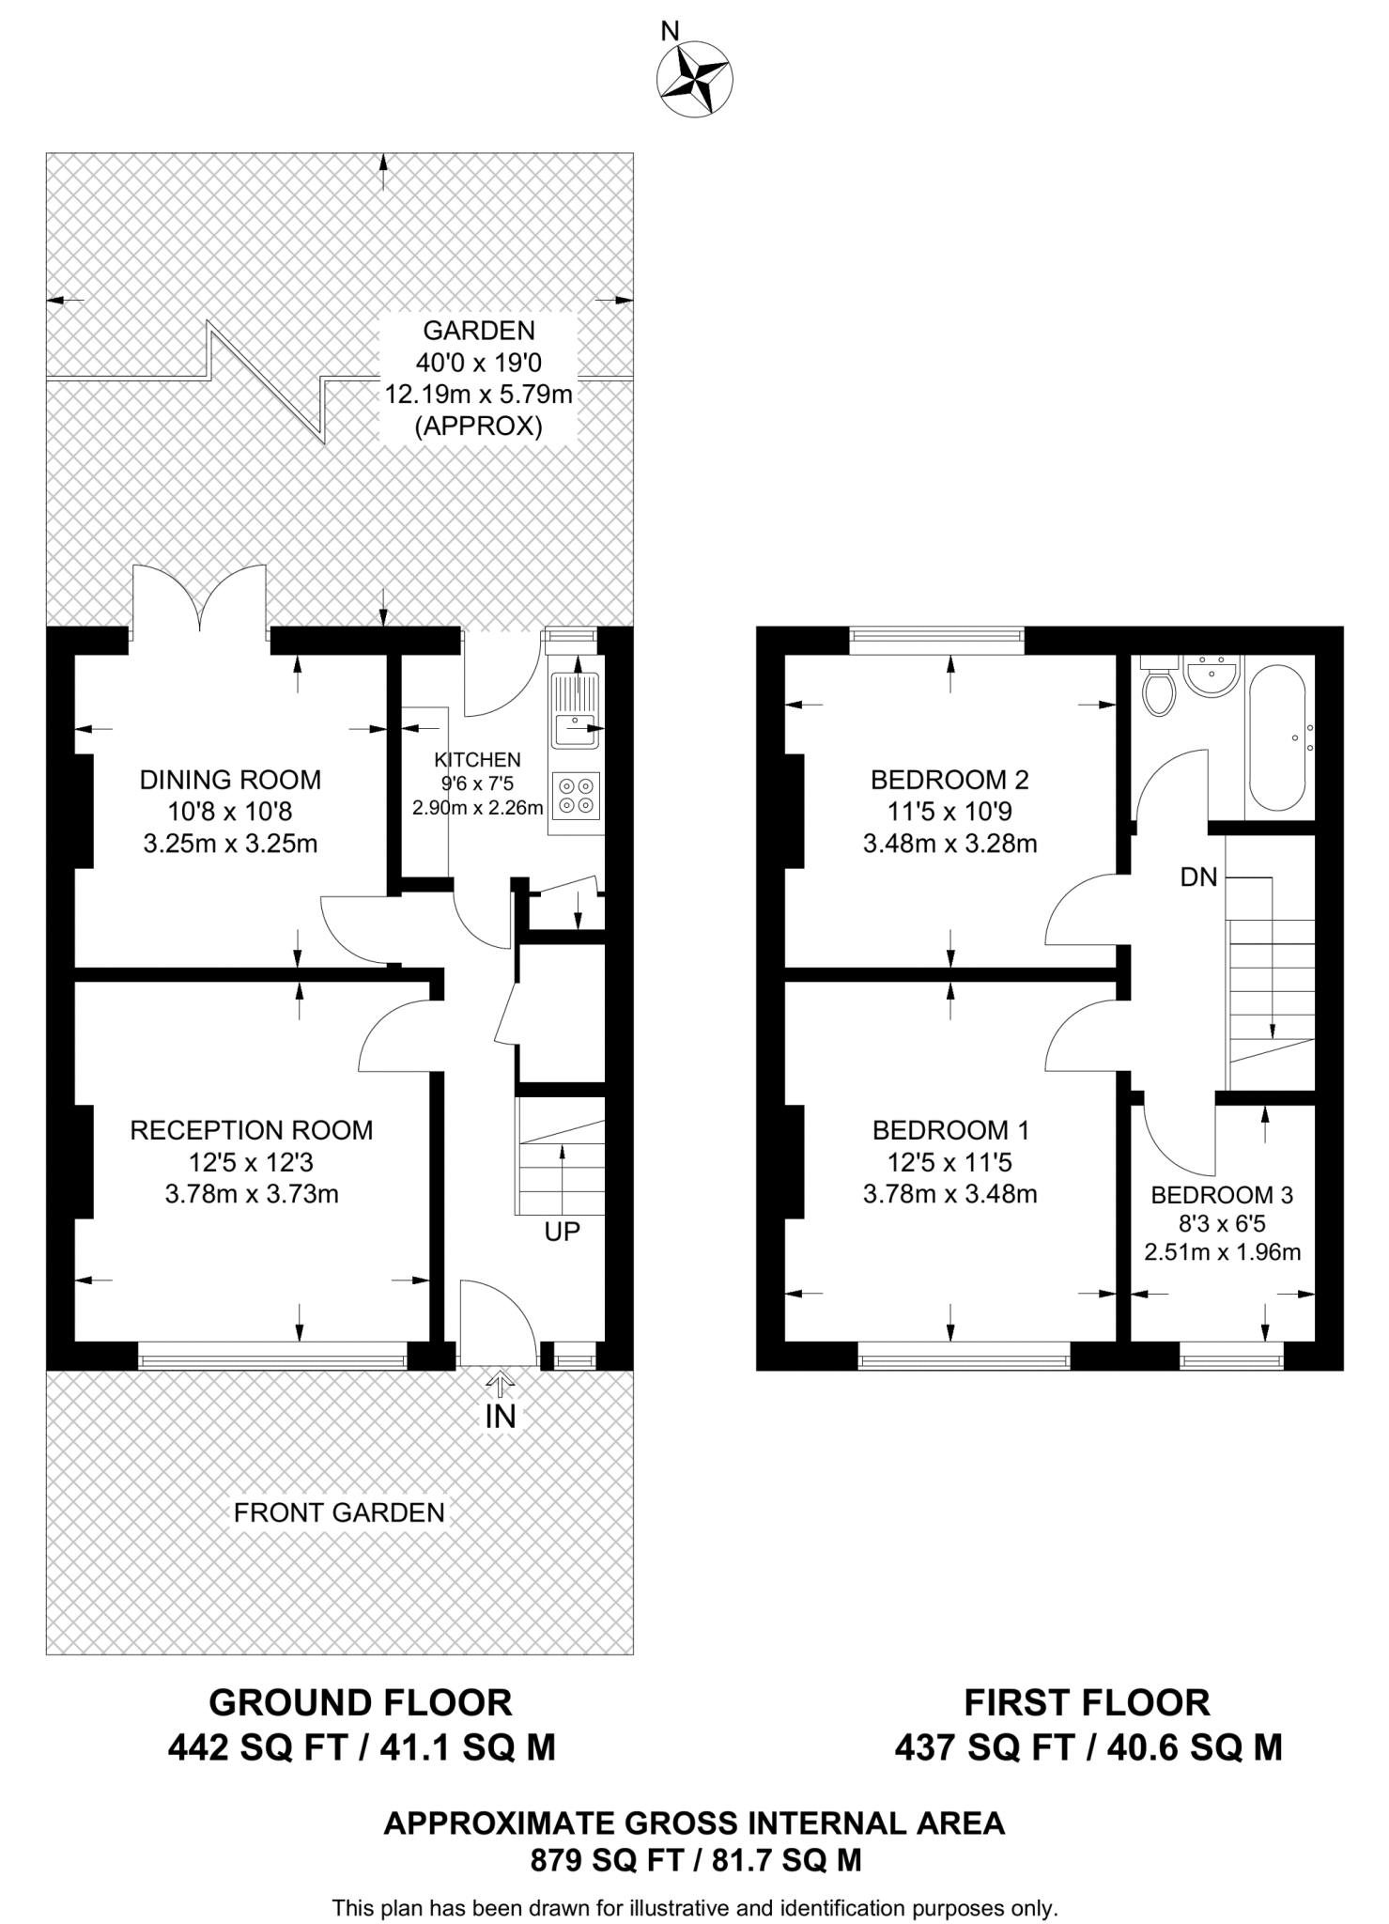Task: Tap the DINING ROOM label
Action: [x=230, y=780]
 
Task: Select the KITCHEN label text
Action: [x=477, y=760]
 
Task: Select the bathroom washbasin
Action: [x=1212, y=676]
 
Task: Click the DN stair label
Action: [x=1198, y=877]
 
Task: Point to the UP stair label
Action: [x=563, y=1231]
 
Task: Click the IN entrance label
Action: [x=501, y=1416]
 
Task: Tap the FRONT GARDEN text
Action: [x=339, y=1513]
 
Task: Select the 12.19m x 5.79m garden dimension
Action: [x=479, y=395]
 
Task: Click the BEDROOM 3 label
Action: [x=1222, y=1195]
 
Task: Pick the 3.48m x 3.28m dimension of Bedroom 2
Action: [x=949, y=844]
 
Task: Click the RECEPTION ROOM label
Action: [x=251, y=1130]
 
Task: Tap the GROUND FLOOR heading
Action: [x=361, y=1702]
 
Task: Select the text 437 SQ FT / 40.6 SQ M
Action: [x=1088, y=1747]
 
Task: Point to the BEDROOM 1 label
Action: [x=950, y=1130]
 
